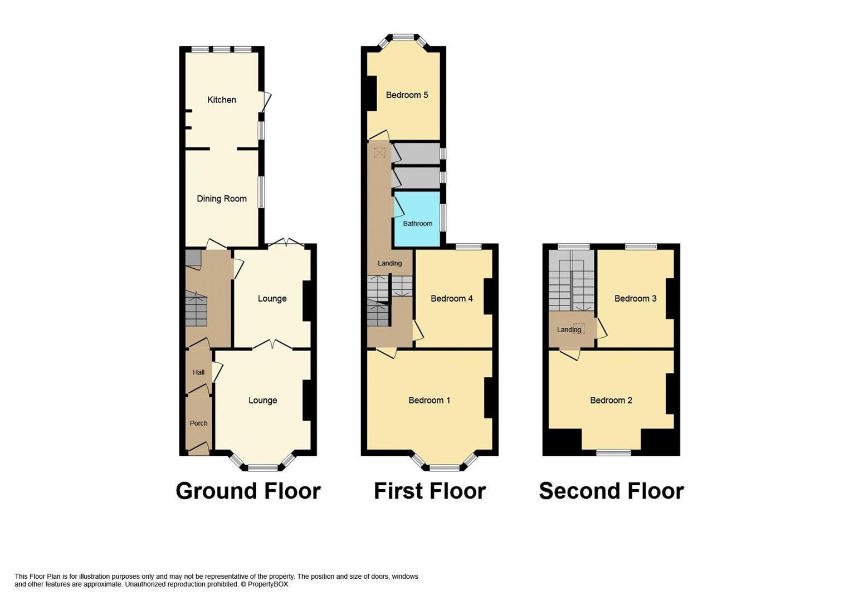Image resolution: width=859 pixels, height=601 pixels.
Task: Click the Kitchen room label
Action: pos(222,100)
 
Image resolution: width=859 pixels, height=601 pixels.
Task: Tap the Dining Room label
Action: pos(222,199)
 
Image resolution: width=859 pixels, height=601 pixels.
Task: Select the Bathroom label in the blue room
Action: pos(417,223)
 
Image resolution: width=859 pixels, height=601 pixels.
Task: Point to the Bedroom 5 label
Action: pos(407,95)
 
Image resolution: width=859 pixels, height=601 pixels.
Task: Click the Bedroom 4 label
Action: pos(451,298)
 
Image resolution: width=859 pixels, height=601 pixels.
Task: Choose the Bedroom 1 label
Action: pos(429,400)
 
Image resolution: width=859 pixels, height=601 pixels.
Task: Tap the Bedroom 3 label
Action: pos(635,298)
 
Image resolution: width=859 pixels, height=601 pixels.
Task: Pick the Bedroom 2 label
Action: pos(611,400)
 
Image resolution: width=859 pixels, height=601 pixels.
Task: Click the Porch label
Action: pos(198,423)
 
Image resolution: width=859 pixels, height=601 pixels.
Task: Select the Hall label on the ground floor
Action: pos(198,372)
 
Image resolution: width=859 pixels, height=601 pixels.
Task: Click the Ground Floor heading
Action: pos(248,491)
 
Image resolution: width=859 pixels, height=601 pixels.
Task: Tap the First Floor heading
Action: pos(429,491)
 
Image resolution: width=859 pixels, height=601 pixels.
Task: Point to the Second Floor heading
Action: pos(611,491)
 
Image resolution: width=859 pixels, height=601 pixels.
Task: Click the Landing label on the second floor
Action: pos(569,329)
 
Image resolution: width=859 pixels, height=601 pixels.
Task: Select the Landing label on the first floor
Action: pos(389,263)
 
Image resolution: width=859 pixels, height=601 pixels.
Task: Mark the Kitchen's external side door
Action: pos(266,101)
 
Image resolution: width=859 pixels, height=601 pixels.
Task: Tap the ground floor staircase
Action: pos(196,310)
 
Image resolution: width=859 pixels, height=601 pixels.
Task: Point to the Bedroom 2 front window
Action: pos(613,452)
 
